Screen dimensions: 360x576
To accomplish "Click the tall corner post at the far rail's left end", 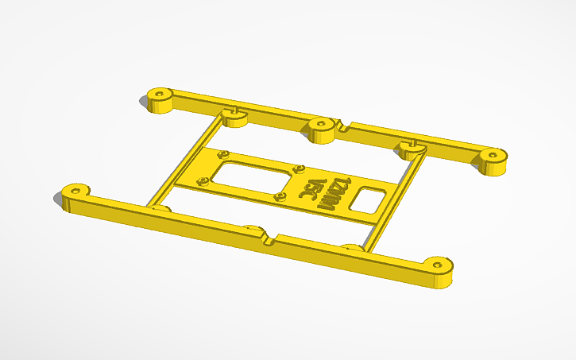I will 160,100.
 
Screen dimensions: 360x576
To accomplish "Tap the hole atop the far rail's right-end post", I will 494,153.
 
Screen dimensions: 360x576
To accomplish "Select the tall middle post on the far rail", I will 321,130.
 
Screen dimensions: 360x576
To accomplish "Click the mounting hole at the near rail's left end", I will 76,191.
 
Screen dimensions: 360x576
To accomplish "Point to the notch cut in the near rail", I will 268,236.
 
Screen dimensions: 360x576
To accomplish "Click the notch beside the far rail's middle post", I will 343,126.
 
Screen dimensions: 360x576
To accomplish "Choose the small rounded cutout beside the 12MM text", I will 368,199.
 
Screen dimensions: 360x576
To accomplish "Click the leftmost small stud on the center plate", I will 202,180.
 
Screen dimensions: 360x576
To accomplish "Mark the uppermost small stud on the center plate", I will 224,152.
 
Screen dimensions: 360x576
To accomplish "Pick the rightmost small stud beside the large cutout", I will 300,168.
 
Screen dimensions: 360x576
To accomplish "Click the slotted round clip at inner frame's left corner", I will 236,117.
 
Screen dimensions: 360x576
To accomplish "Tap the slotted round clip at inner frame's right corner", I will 412,149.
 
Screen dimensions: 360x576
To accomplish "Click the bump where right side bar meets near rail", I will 350,249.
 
